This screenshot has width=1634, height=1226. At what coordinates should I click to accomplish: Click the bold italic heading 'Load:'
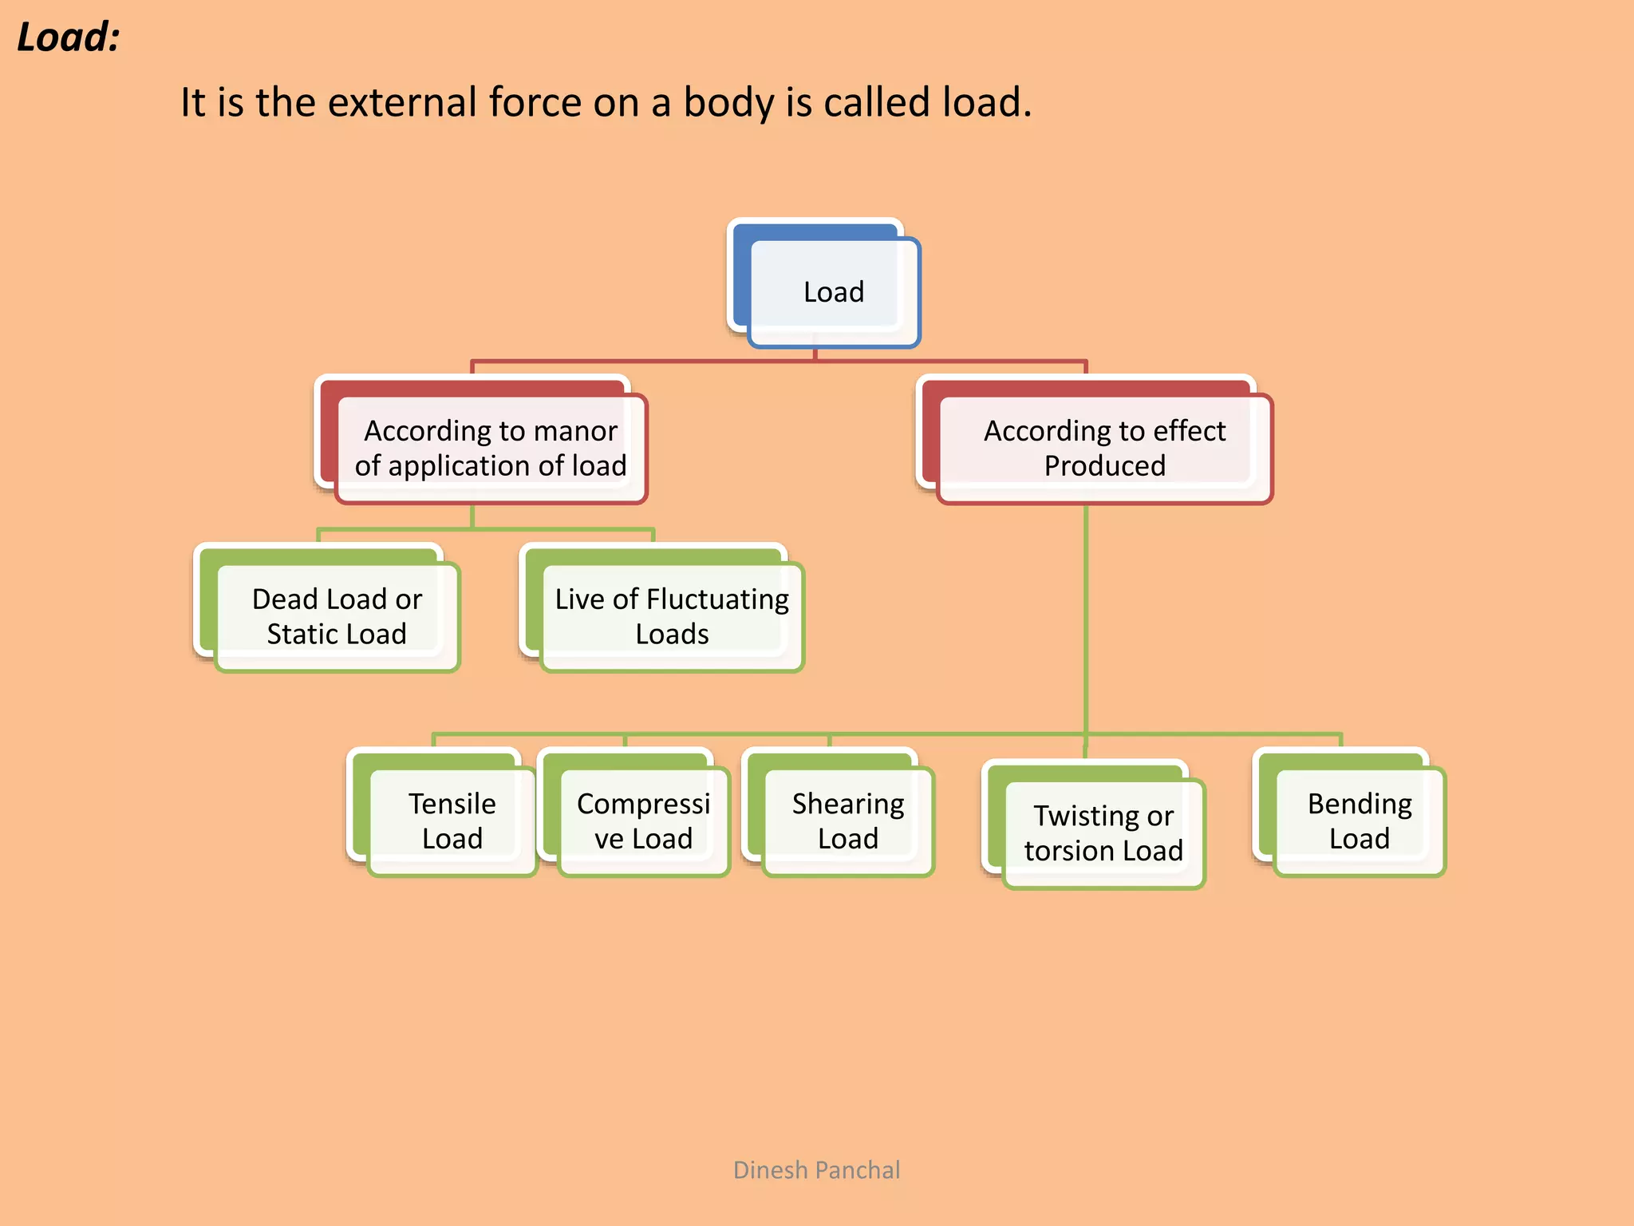pos(69,38)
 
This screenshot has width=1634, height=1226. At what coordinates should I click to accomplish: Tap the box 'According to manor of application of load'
pos(490,448)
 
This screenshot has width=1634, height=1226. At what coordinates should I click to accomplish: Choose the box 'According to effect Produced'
pos(1104,448)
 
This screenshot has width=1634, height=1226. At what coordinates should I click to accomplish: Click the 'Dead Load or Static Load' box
pos(336,616)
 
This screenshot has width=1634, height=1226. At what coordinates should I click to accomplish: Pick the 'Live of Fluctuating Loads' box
pos(671,616)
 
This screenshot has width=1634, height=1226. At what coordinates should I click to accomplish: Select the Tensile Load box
pos(452,821)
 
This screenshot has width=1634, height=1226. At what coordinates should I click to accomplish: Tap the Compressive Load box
pos(643,821)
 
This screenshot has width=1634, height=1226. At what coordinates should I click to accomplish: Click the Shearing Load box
pos(847,821)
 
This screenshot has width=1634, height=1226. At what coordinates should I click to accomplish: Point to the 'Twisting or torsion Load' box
pos(1103,832)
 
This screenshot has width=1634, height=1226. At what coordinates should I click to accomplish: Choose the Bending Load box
pos(1359,821)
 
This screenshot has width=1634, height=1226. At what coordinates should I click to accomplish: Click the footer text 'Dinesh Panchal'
pos(816,1170)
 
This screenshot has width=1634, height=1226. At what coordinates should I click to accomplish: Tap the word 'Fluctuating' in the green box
pos(717,599)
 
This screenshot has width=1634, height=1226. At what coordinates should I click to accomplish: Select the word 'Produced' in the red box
pos(1105,465)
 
